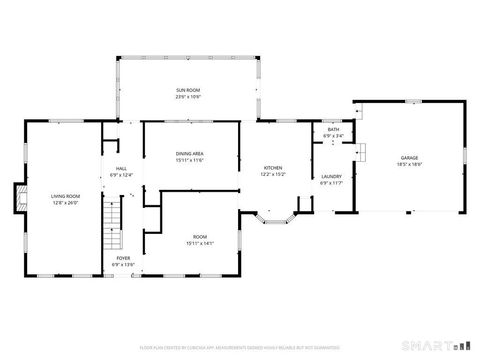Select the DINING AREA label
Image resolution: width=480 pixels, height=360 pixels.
tap(190, 153)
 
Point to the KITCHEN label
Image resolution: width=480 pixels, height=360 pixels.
tap(273, 167)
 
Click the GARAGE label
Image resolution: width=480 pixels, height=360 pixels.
tap(409, 157)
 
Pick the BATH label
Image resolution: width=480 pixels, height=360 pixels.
tap(332, 130)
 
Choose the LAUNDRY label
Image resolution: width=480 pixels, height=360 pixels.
tap(331, 177)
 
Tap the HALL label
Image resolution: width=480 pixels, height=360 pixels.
tap(120, 169)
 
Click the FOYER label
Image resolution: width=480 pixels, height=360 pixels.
tap(122, 258)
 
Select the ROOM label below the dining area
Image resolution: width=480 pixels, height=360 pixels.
tap(200, 237)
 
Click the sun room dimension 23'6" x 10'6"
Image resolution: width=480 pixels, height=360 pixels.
tap(188, 97)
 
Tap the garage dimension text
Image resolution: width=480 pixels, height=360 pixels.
tap(409, 164)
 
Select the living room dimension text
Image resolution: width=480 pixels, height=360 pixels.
tap(65, 203)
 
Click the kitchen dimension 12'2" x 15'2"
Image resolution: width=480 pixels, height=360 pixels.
tap(273, 174)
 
